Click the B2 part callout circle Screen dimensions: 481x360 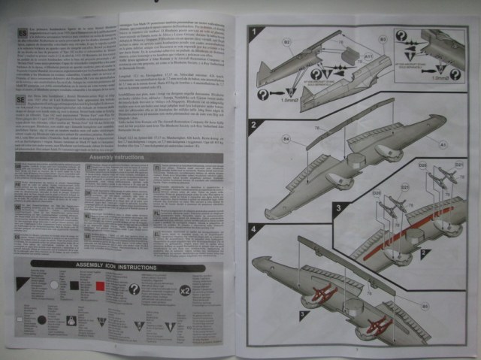pyautogui.click(x=286, y=42)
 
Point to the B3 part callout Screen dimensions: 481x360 pyautogui.click(x=383, y=38)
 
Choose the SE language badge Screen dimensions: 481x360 pyautogui.click(x=20, y=98)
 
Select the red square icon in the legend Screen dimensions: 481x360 pyautogui.click(x=100, y=286)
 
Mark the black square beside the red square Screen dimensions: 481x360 pyautogui.click(x=75, y=286)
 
